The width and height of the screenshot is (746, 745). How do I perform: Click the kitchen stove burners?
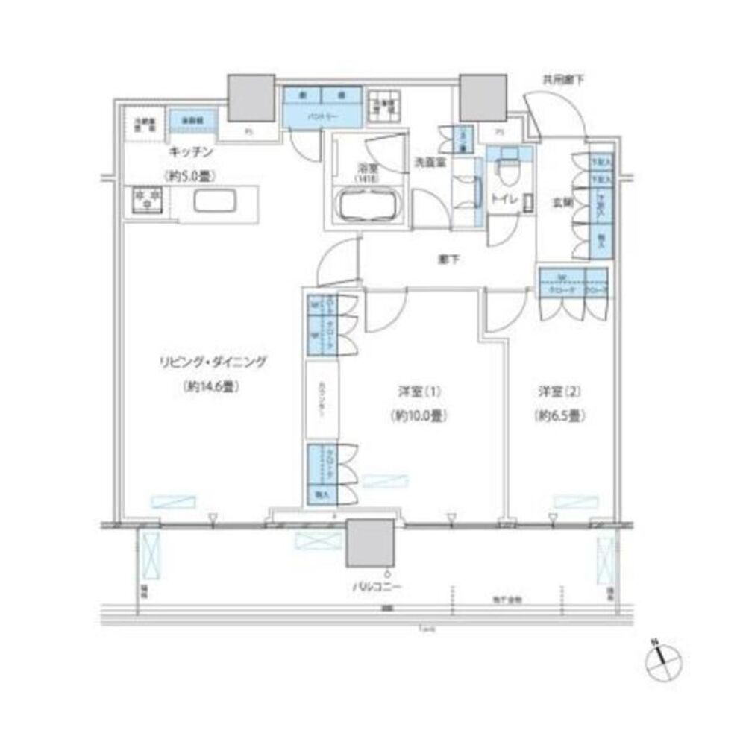tap(146, 199)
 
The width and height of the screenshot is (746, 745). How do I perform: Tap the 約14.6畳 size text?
tap(212, 387)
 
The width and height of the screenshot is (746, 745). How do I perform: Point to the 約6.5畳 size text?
tap(558, 417)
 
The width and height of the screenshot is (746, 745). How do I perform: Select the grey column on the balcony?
tap(369, 544)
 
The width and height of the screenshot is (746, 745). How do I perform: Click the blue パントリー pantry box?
tap(322, 116)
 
